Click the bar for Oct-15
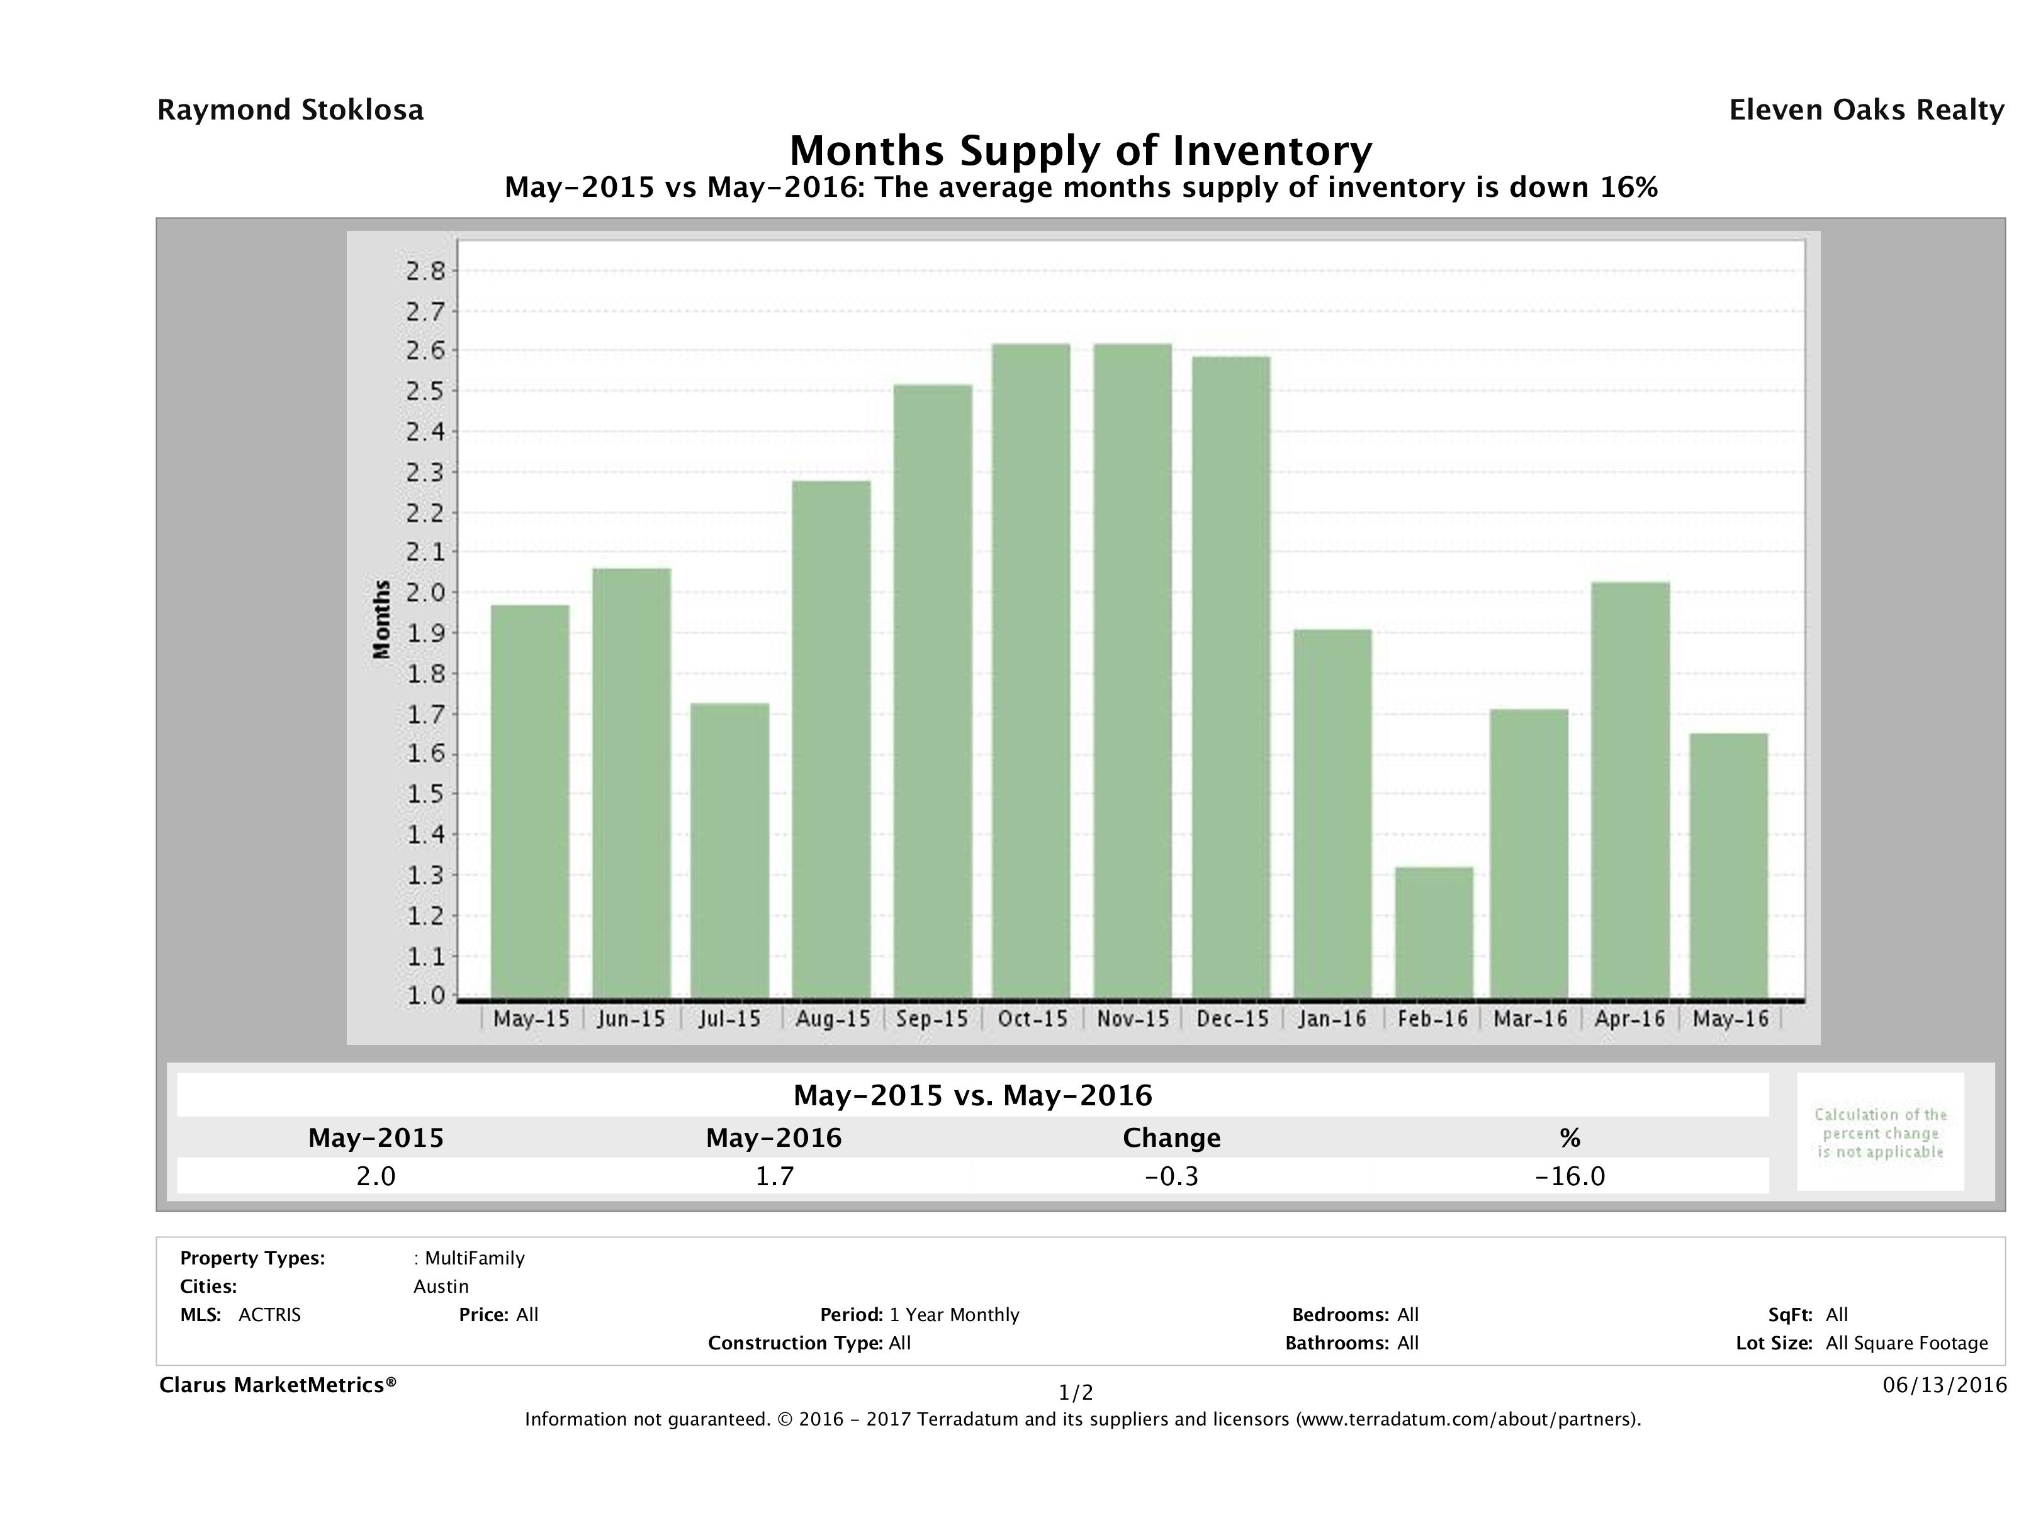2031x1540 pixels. click(x=1030, y=670)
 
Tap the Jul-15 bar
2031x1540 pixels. click(x=730, y=850)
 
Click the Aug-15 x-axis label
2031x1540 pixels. click(x=833, y=1018)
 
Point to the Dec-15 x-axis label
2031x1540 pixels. click(x=1232, y=1018)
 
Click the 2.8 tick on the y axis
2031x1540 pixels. click(x=425, y=271)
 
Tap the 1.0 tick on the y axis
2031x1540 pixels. click(x=425, y=996)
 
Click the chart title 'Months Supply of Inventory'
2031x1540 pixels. click(x=1081, y=150)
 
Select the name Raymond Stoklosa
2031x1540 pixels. click(x=290, y=110)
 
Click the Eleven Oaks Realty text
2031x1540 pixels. click(x=1865, y=110)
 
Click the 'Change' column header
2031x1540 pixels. click(x=1172, y=1138)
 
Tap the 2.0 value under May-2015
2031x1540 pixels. click(x=376, y=1176)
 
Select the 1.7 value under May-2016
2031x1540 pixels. click(x=774, y=1176)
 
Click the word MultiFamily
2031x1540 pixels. click(x=475, y=1258)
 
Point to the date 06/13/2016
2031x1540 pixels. click(x=1944, y=1385)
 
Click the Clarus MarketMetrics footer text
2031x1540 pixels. click(x=278, y=1385)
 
